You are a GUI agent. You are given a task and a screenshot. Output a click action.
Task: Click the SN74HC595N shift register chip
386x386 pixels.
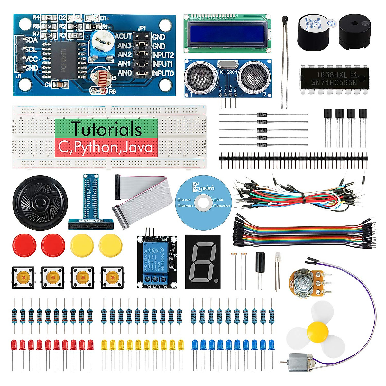coord(334,78)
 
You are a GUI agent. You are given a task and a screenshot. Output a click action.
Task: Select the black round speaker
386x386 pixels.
coord(40,203)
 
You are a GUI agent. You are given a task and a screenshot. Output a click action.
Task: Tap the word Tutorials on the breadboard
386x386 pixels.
coord(106,129)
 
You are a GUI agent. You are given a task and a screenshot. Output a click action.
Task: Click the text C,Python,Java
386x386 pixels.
coord(106,147)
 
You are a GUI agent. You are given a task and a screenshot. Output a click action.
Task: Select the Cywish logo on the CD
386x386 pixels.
coord(203,188)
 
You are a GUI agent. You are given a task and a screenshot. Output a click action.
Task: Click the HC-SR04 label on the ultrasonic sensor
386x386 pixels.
coord(227,72)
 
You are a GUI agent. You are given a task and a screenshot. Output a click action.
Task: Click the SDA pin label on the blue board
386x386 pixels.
coord(31,41)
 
